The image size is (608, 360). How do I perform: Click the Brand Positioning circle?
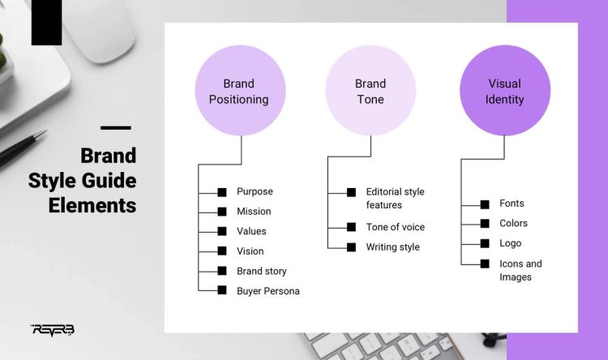[x=239, y=91]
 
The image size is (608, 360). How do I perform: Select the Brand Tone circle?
[x=370, y=91]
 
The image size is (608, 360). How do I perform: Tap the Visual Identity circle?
[x=504, y=91]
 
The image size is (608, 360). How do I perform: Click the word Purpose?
[x=255, y=192]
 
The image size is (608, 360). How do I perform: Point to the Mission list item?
[x=254, y=212]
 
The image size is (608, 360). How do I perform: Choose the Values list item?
[x=251, y=231]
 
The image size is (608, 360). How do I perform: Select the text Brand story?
[x=261, y=271]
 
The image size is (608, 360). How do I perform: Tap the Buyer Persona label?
[x=268, y=291]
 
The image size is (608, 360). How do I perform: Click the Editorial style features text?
[x=395, y=199]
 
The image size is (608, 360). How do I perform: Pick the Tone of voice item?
[x=395, y=227]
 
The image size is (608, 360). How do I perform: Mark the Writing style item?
[x=392, y=247]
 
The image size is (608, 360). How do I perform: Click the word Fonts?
[x=512, y=204]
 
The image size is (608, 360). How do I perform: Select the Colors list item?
[x=513, y=224]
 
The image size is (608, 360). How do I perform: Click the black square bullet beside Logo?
[x=484, y=243]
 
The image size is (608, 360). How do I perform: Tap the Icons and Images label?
[x=520, y=270]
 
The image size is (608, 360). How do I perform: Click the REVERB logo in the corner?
[x=52, y=329]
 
